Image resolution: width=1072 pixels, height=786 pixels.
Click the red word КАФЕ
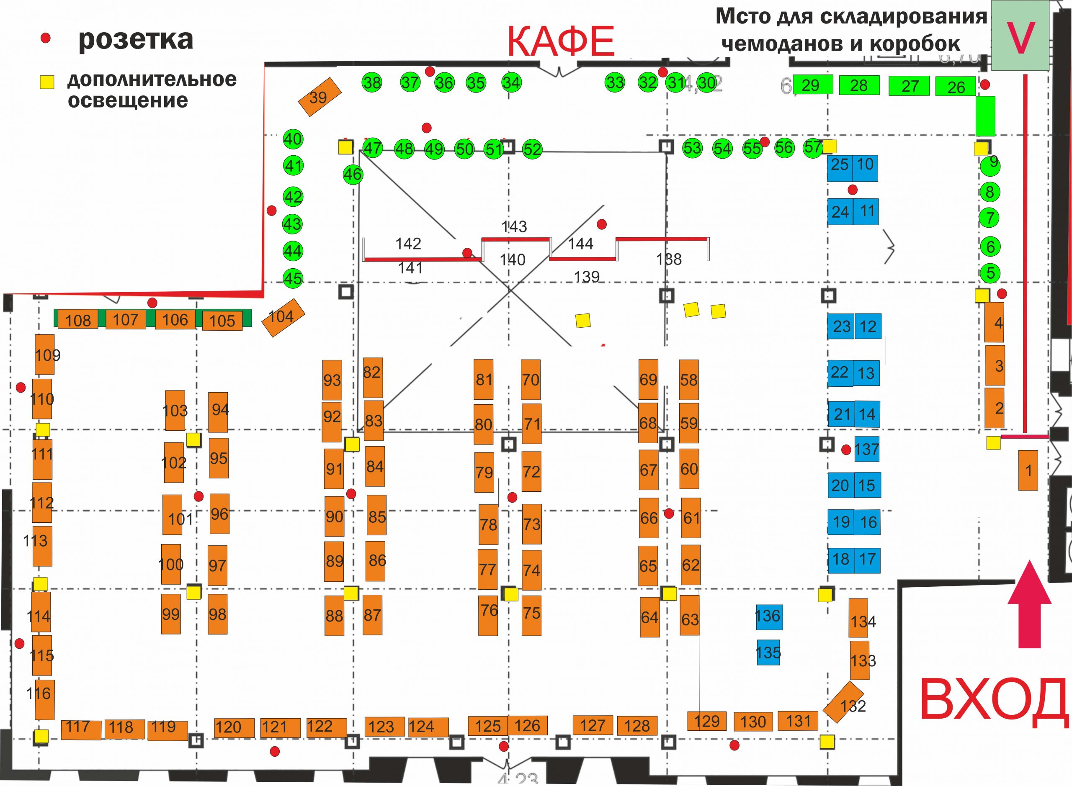(x=560, y=41)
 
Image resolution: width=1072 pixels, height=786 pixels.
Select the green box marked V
(x=1020, y=36)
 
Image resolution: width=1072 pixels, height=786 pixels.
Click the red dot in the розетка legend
(x=46, y=39)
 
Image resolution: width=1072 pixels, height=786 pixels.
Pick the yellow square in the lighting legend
(x=46, y=82)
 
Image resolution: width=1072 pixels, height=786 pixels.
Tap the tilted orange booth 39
(x=320, y=97)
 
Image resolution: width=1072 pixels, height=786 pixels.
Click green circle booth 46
(x=353, y=175)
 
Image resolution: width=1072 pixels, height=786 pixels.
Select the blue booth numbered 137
(x=866, y=449)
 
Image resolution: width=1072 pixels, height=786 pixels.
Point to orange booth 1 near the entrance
(x=1028, y=470)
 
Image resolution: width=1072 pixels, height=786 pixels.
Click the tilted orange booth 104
(x=283, y=317)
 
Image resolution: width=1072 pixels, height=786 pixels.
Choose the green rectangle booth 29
(x=812, y=85)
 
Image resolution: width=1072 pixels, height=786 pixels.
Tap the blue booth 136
(x=769, y=616)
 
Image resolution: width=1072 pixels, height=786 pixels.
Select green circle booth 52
(x=532, y=149)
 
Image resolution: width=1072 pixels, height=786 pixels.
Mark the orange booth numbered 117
(x=81, y=729)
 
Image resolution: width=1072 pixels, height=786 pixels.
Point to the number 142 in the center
(x=408, y=244)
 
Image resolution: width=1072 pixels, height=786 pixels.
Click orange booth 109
(x=44, y=354)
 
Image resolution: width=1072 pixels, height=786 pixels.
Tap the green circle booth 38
(x=372, y=83)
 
